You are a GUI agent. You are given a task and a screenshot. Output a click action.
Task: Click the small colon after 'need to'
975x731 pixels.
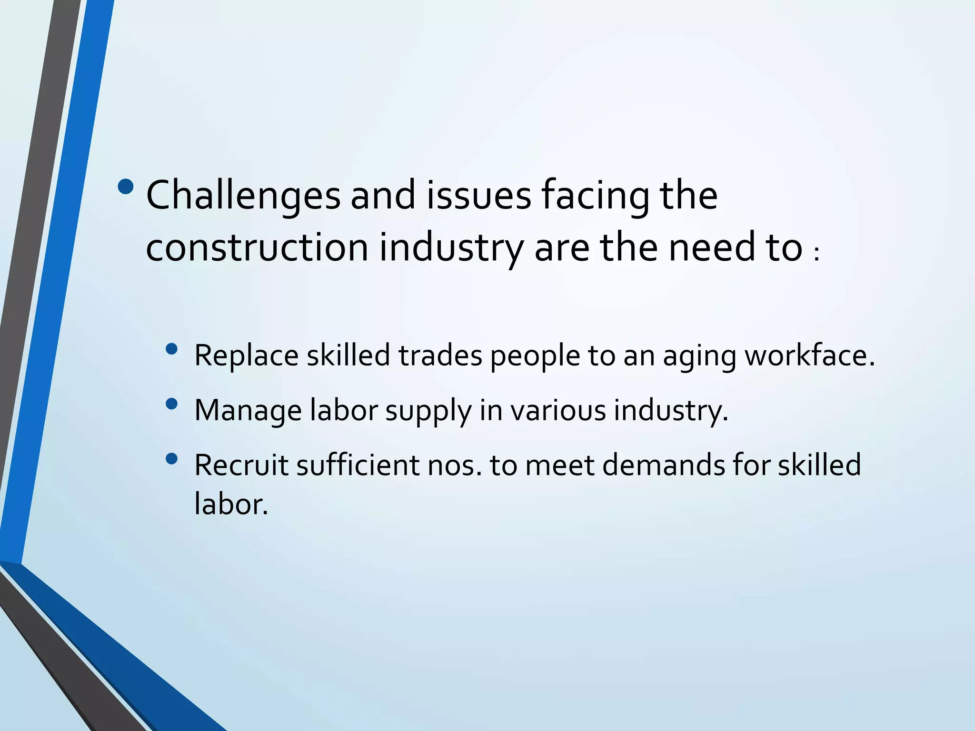[817, 255]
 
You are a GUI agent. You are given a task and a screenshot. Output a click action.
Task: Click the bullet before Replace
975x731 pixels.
[171, 350]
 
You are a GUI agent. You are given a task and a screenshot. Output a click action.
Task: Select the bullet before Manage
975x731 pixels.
[171, 405]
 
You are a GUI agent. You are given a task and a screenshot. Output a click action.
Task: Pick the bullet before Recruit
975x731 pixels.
[171, 459]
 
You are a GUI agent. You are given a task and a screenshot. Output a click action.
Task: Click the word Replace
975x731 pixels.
[246, 356]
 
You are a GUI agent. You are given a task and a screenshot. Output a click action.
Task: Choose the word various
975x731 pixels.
[558, 410]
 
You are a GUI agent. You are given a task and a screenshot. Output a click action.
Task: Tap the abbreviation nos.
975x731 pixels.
[455, 465]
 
